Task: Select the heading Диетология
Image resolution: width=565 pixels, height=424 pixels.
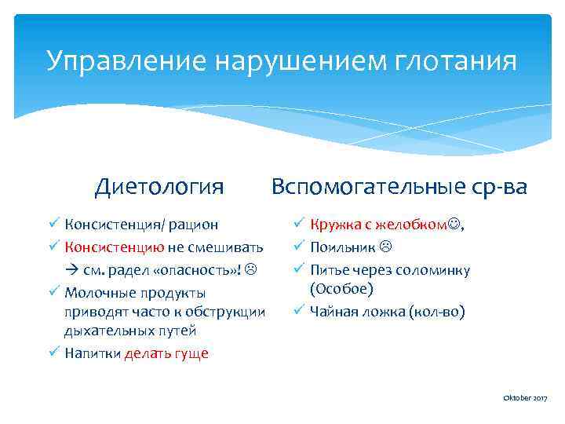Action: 159,187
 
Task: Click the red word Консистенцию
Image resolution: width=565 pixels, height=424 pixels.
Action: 115,247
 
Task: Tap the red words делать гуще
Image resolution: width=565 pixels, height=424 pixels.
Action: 166,353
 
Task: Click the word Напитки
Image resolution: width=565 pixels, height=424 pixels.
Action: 93,353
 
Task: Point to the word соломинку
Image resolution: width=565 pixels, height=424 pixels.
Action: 435,269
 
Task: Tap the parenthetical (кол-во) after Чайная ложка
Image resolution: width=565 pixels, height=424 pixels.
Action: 438,312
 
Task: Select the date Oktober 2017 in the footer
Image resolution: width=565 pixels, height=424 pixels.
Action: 525,400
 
